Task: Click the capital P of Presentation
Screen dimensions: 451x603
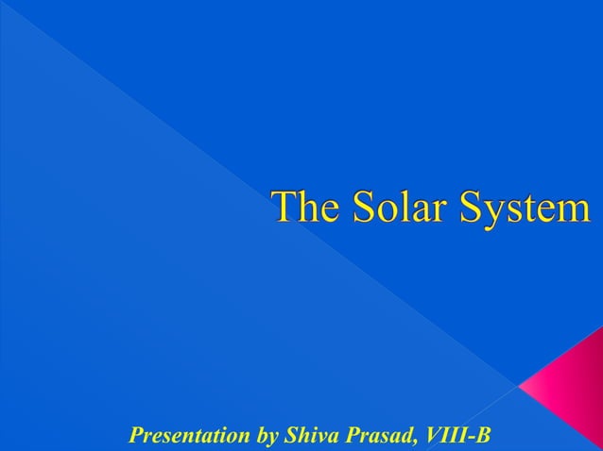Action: point(134,436)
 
